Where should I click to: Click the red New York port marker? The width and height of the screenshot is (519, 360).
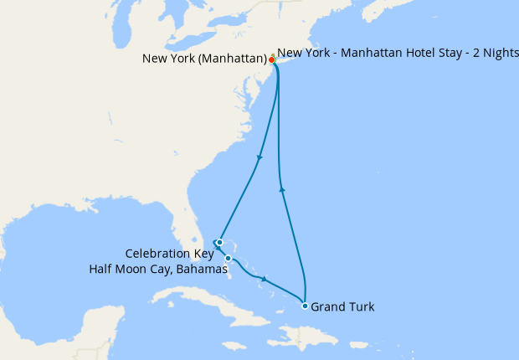pyautogui.click(x=271, y=59)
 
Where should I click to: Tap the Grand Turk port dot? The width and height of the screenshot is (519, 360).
pyautogui.click(x=305, y=306)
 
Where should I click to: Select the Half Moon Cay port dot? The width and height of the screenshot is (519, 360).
pyautogui.click(x=228, y=259)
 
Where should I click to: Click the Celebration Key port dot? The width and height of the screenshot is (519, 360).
pyautogui.click(x=219, y=243)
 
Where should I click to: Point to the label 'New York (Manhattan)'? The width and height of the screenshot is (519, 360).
pyautogui.click(x=204, y=59)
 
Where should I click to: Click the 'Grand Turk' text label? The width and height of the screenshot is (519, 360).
pyautogui.click(x=342, y=307)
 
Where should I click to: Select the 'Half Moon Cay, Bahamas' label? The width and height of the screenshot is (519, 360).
pyautogui.click(x=158, y=269)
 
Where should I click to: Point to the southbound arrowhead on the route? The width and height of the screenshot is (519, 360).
pyautogui.click(x=260, y=157)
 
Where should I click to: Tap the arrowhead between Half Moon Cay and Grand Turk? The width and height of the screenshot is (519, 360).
pyautogui.click(x=265, y=280)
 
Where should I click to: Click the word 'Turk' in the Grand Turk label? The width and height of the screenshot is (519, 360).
pyautogui.click(x=361, y=307)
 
